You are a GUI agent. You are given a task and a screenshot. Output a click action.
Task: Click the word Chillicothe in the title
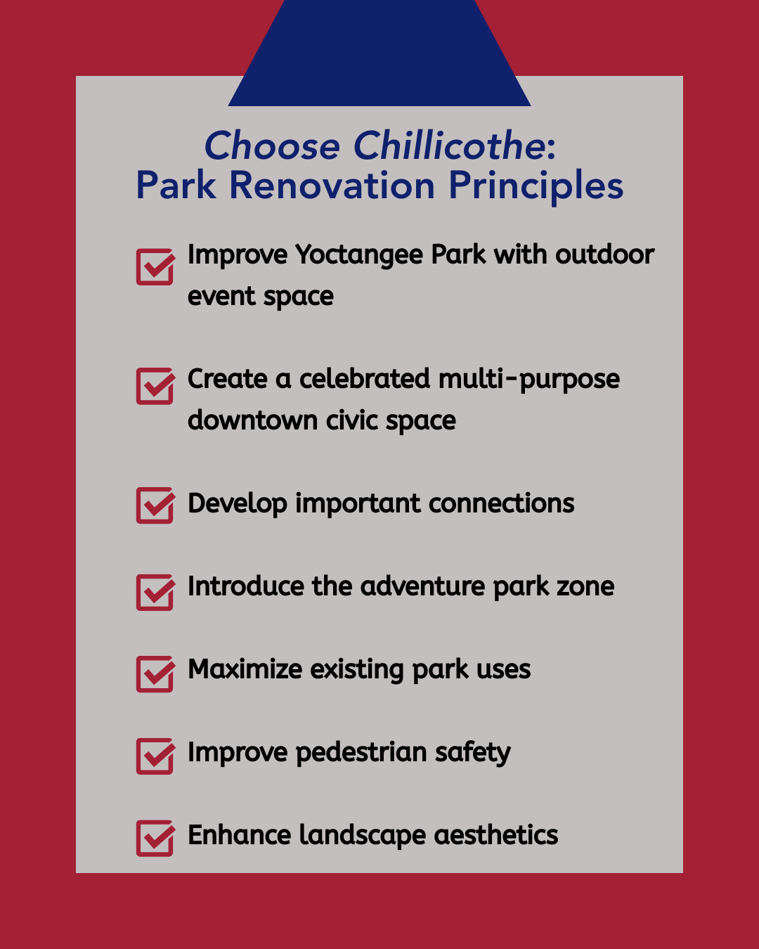coord(450,146)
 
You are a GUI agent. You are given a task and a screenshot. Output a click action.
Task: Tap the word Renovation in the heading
coord(332,186)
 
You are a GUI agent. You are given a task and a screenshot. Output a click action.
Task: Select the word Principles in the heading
coord(536,187)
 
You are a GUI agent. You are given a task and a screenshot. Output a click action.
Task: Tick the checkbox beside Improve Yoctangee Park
coord(155,267)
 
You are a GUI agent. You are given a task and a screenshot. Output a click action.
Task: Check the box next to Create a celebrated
coord(155,386)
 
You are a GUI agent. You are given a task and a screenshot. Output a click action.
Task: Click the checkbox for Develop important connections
coord(155,505)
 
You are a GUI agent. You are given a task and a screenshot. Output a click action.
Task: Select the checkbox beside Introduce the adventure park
coord(155,592)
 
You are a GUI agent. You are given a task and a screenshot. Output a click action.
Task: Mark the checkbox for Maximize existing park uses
coord(155,674)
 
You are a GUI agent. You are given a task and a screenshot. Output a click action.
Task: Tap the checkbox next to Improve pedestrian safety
coord(155,756)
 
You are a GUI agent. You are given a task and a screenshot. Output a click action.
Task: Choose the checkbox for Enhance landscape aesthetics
coord(155,838)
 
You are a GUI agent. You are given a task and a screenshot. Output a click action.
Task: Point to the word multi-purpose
coord(529,380)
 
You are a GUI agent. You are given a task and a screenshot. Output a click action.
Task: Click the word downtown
coord(253,420)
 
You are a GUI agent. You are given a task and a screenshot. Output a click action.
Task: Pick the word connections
coord(502,503)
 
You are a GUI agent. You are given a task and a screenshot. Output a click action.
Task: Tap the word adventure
coord(422,586)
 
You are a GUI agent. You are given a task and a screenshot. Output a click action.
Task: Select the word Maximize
coord(245,669)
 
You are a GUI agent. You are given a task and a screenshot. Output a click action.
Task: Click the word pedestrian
coord(361,753)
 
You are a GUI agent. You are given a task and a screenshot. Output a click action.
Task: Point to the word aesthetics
coord(495,835)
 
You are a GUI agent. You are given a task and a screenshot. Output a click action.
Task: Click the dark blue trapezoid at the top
coord(379,53)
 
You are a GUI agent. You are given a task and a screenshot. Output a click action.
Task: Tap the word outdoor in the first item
coord(604,255)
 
